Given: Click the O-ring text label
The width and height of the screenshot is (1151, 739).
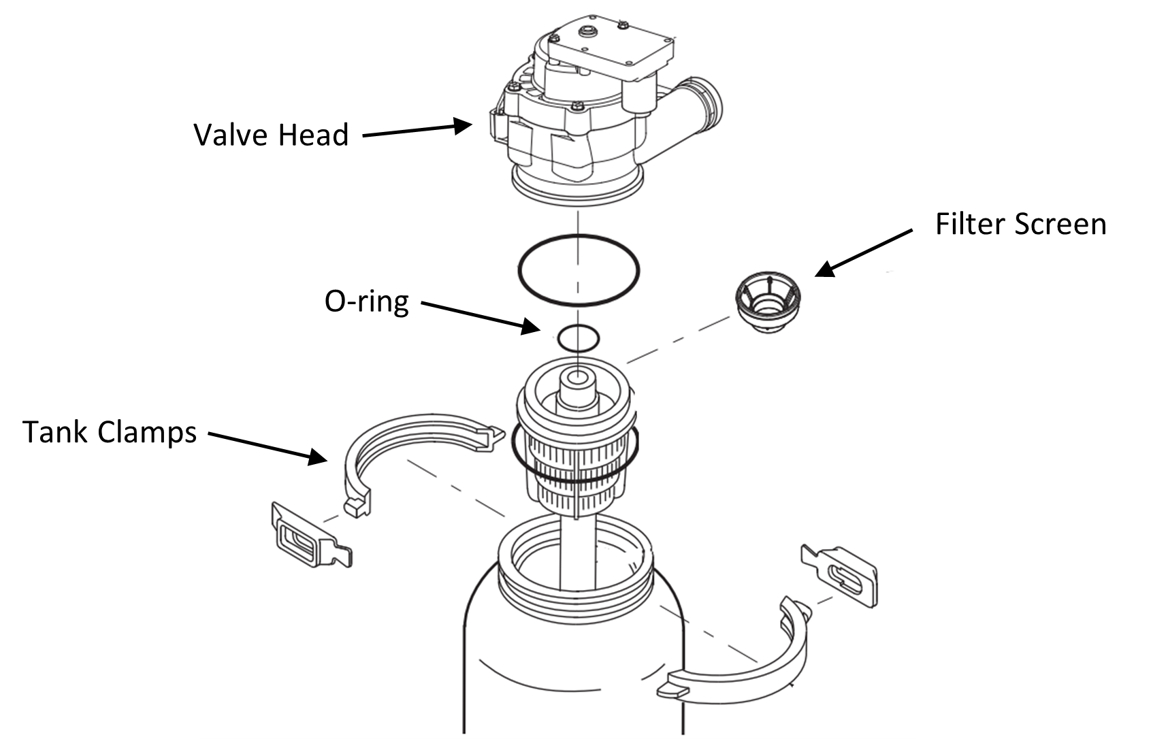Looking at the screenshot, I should [367, 301].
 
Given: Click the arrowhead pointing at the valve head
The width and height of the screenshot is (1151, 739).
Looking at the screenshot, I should [463, 125].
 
